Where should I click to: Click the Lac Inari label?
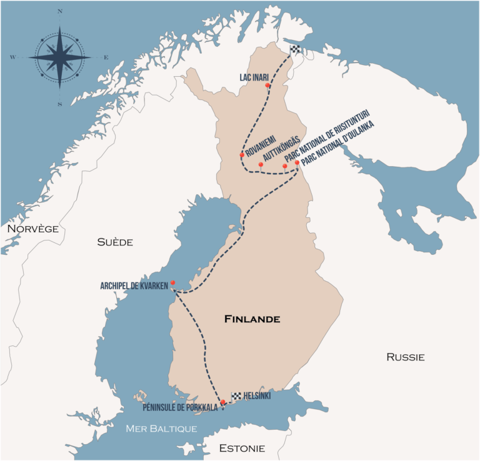(254, 77)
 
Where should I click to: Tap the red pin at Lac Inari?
(267, 85)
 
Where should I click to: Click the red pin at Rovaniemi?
(242, 155)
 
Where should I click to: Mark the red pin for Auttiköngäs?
(261, 165)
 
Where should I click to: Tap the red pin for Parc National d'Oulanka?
(297, 163)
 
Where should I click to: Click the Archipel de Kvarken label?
(134, 285)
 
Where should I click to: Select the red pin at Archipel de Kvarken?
(172, 283)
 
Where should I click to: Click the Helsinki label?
(257, 396)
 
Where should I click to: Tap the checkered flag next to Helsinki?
(236, 396)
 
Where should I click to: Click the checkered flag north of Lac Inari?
(295, 50)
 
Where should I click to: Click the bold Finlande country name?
(252, 319)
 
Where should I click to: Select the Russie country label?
(405, 357)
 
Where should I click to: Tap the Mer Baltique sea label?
(161, 429)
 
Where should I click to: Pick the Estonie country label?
(242, 448)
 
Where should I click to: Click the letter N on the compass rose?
(60, 12)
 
